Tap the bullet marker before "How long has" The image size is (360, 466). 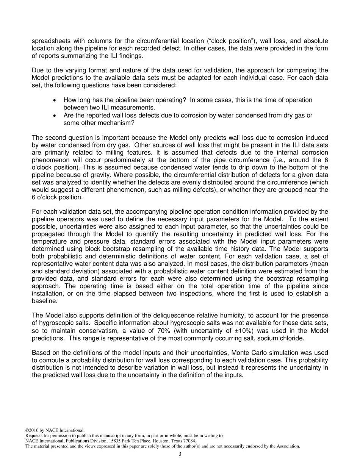55,100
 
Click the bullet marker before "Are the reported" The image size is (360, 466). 55,116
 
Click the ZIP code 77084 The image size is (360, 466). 189,441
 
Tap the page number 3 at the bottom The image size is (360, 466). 180,454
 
